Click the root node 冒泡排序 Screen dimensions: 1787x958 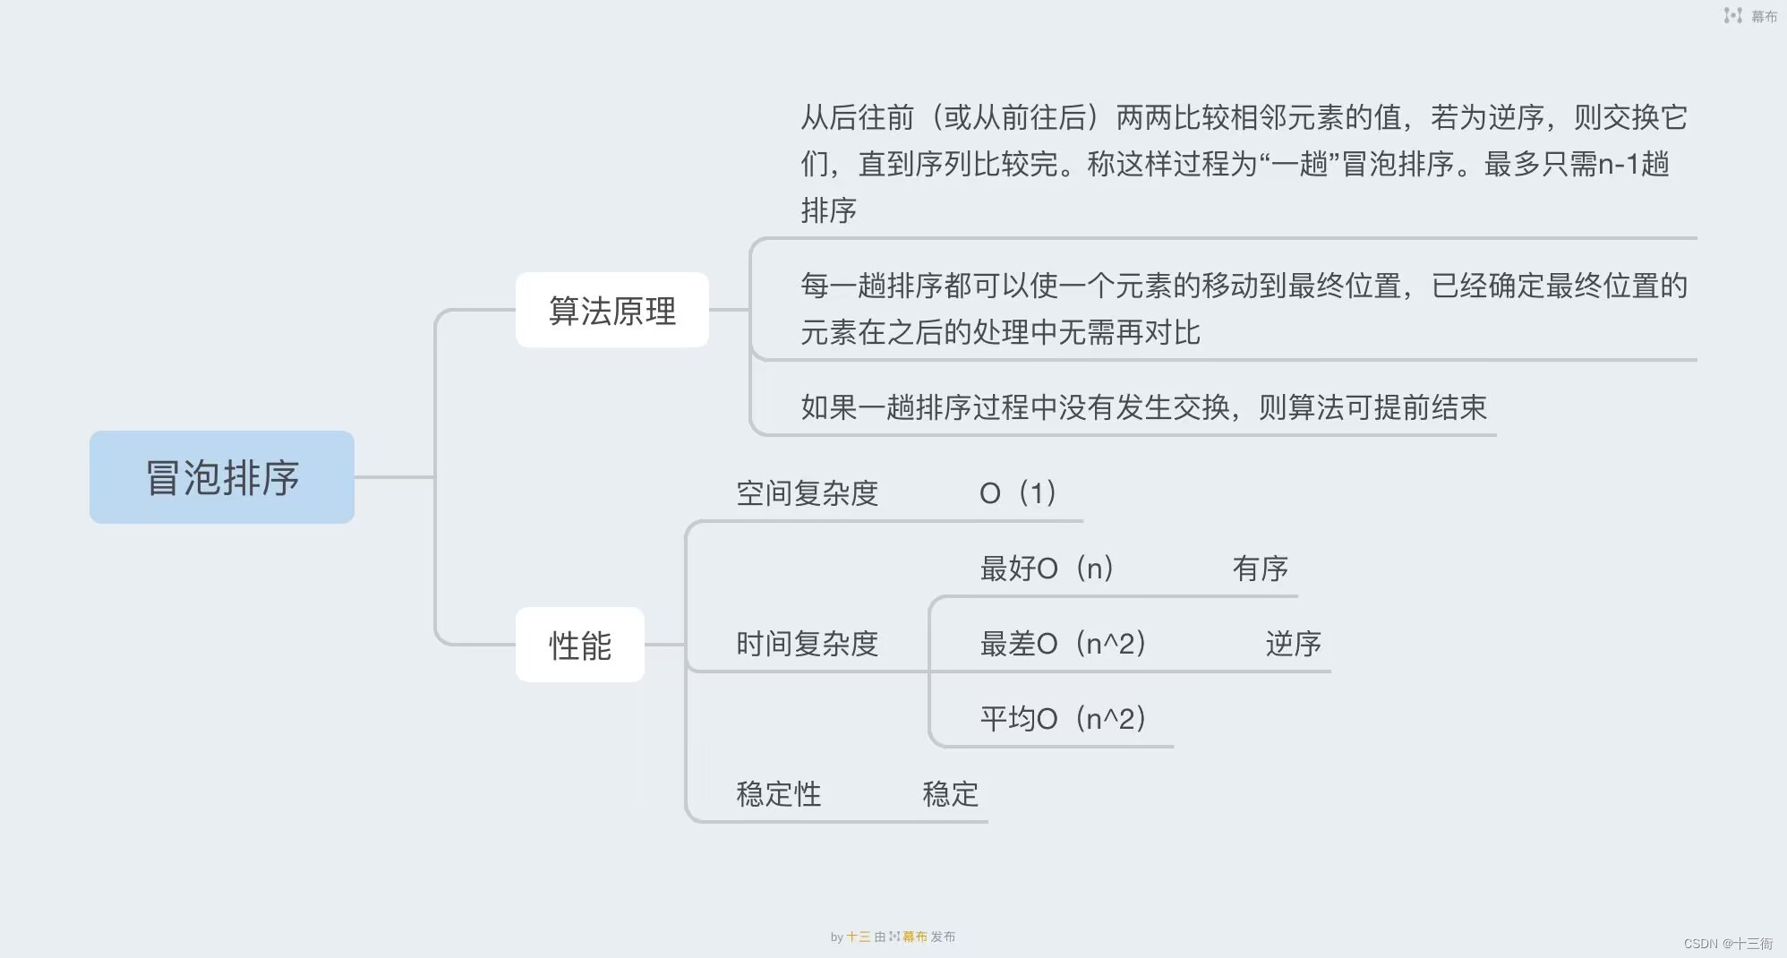(x=222, y=477)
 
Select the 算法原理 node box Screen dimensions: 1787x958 (x=612, y=311)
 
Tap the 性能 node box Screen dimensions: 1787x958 (x=580, y=646)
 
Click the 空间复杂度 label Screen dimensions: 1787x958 (x=807, y=493)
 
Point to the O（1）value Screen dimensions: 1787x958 (x=1019, y=493)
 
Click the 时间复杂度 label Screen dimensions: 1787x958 (x=807, y=644)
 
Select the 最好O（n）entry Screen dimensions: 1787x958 (x=1047, y=569)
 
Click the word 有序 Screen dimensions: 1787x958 (x=1260, y=569)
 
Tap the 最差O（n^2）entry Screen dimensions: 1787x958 (x=1063, y=644)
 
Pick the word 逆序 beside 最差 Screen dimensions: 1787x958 (x=1293, y=644)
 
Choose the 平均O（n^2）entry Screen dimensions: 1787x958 (x=1063, y=719)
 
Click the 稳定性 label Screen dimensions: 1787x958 (x=778, y=794)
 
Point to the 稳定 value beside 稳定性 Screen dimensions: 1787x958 (x=950, y=794)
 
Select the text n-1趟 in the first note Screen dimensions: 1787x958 (x=1633, y=164)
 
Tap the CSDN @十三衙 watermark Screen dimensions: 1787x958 (x=1727, y=944)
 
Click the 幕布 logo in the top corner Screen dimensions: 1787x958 (x=1750, y=16)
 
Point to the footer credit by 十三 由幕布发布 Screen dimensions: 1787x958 (x=893, y=937)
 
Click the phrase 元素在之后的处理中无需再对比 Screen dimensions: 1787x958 (x=1000, y=332)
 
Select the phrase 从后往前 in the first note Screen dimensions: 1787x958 (x=858, y=117)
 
